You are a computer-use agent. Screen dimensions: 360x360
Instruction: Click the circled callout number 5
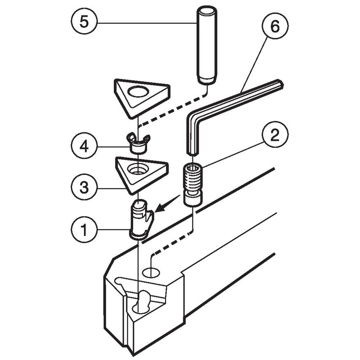pyautogui.click(x=84, y=22)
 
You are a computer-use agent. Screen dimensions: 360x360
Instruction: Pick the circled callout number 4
pyautogui.click(x=84, y=147)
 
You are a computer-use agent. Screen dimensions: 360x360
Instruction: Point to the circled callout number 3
pyautogui.click(x=84, y=187)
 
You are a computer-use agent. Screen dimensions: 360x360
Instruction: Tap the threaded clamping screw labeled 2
pyautogui.click(x=192, y=185)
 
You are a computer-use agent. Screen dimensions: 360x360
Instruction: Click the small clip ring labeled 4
pyautogui.click(x=138, y=144)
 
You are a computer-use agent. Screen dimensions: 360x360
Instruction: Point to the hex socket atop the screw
pyautogui.click(x=192, y=169)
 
